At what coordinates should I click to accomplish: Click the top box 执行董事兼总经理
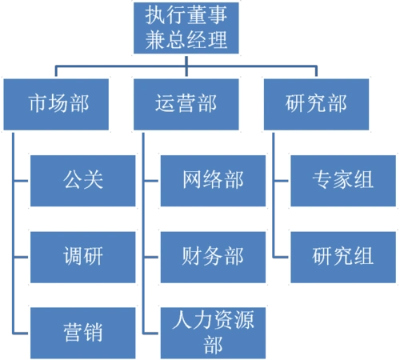[x=186, y=27]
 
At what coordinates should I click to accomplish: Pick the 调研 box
[x=83, y=256]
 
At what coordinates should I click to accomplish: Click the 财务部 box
[x=213, y=256]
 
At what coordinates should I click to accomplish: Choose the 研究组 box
[x=343, y=256]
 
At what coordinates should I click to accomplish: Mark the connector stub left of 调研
[x=22, y=256]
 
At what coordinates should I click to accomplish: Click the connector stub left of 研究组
[x=280, y=256]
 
